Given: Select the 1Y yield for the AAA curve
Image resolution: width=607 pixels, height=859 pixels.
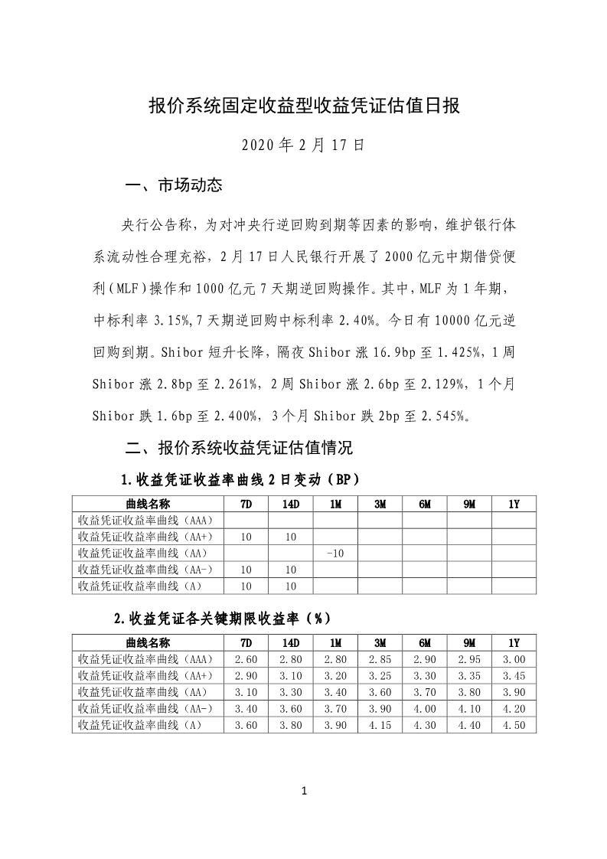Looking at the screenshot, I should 514,659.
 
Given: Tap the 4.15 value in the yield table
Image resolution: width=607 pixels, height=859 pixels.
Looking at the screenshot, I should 380,725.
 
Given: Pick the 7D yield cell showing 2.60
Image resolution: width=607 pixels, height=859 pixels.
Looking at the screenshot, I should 246,659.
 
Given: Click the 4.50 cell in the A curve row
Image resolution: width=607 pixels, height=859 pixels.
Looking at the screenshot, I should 514,725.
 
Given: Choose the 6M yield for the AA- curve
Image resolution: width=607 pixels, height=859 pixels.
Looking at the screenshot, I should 424,709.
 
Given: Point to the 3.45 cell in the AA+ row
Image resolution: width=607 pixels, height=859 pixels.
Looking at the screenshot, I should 514,676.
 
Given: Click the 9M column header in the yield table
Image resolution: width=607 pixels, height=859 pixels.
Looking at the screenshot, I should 468,643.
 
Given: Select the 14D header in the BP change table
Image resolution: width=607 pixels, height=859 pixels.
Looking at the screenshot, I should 290,504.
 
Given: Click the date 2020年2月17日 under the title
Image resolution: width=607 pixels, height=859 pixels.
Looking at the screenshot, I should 302,144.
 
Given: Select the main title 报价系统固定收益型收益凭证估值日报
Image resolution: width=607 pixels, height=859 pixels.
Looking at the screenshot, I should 303,106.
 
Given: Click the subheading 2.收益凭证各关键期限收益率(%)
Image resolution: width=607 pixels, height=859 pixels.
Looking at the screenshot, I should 223,617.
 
